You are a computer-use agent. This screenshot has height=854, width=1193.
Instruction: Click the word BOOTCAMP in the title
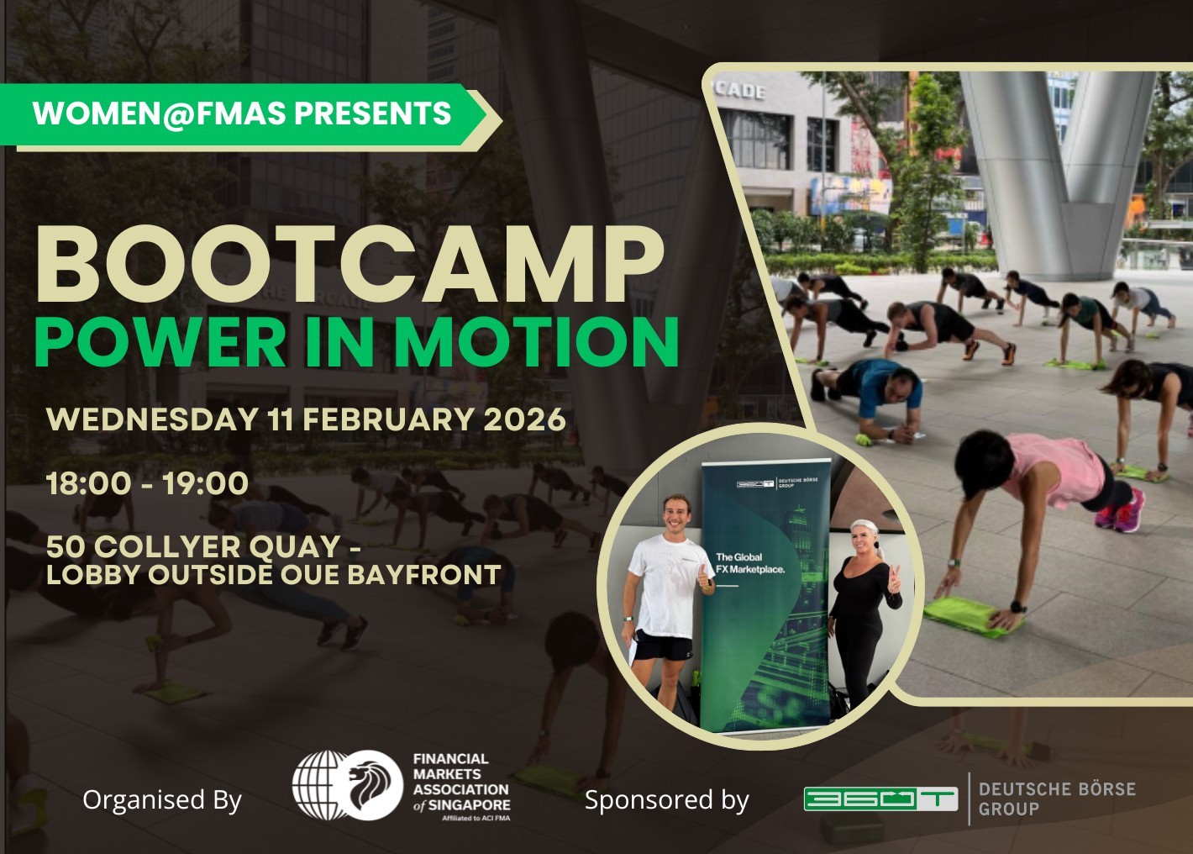349,265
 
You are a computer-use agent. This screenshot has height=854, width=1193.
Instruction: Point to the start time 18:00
87,483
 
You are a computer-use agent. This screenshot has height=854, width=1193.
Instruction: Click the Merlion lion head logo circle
371,785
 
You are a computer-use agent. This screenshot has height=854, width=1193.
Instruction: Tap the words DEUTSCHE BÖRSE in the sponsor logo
1057,789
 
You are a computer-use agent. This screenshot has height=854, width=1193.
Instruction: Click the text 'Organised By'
162,800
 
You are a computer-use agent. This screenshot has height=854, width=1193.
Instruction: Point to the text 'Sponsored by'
667,799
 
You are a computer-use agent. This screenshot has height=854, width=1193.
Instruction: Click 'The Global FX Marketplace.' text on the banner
750,563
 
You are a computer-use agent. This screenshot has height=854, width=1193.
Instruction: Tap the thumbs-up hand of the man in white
705,576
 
